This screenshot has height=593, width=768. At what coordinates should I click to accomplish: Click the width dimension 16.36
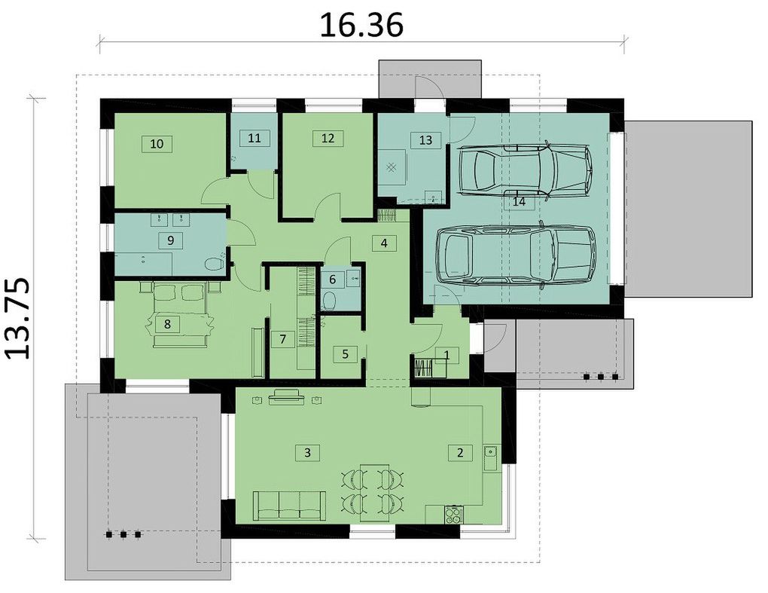[361, 25]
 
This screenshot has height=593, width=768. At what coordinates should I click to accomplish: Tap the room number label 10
[157, 144]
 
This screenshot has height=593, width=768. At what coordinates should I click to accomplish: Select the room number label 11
[254, 138]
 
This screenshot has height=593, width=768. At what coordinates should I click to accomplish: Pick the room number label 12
[328, 138]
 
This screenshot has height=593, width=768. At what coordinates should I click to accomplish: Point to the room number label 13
[425, 139]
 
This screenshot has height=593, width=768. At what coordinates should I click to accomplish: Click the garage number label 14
[520, 201]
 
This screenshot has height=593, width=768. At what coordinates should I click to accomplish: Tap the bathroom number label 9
[170, 240]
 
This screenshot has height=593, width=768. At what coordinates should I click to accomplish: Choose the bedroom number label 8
[167, 324]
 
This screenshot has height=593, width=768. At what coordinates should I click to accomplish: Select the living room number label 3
[308, 452]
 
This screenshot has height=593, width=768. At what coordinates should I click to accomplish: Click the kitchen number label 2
[460, 452]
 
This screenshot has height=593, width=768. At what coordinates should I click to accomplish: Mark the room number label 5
[346, 354]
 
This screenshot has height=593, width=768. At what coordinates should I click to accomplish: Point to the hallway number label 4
[384, 243]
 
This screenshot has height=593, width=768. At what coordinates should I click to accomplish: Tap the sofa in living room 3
[289, 506]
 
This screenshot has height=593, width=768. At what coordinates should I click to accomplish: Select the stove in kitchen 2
[454, 515]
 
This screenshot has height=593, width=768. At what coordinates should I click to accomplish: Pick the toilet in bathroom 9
[214, 264]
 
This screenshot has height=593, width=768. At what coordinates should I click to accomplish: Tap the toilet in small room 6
[329, 300]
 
